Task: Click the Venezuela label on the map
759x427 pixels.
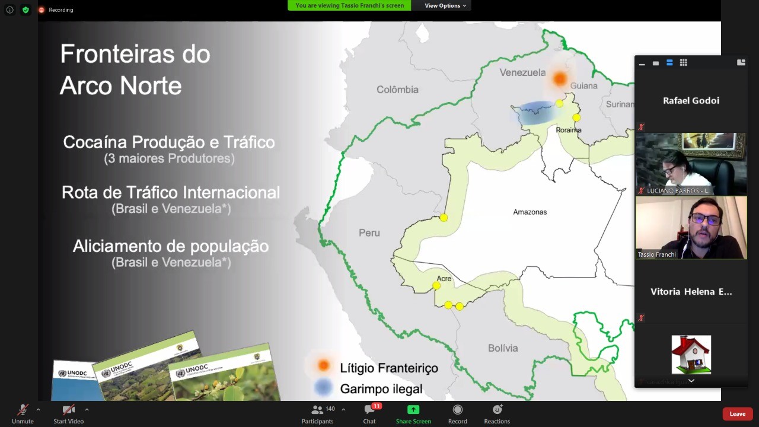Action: point(522,72)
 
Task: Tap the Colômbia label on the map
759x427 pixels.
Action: point(397,90)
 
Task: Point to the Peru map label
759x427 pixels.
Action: point(369,233)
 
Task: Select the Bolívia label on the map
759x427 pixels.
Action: point(503,348)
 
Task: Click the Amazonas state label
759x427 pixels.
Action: point(530,212)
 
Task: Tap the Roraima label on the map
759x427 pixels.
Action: point(569,130)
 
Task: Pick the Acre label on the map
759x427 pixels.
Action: point(444,278)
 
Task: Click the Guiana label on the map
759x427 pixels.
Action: point(583,86)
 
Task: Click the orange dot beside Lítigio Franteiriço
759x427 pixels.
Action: point(323,365)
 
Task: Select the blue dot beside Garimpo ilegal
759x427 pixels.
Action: point(323,387)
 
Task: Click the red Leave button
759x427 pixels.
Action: point(737,414)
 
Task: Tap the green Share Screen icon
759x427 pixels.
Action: point(413,410)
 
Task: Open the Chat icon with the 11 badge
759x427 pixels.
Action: point(369,410)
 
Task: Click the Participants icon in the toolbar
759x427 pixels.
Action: point(317,410)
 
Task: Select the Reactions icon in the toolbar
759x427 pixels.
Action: point(497,410)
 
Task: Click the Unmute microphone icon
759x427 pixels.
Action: point(23,410)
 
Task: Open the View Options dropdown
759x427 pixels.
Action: point(445,5)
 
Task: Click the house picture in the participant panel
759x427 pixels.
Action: point(691,354)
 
